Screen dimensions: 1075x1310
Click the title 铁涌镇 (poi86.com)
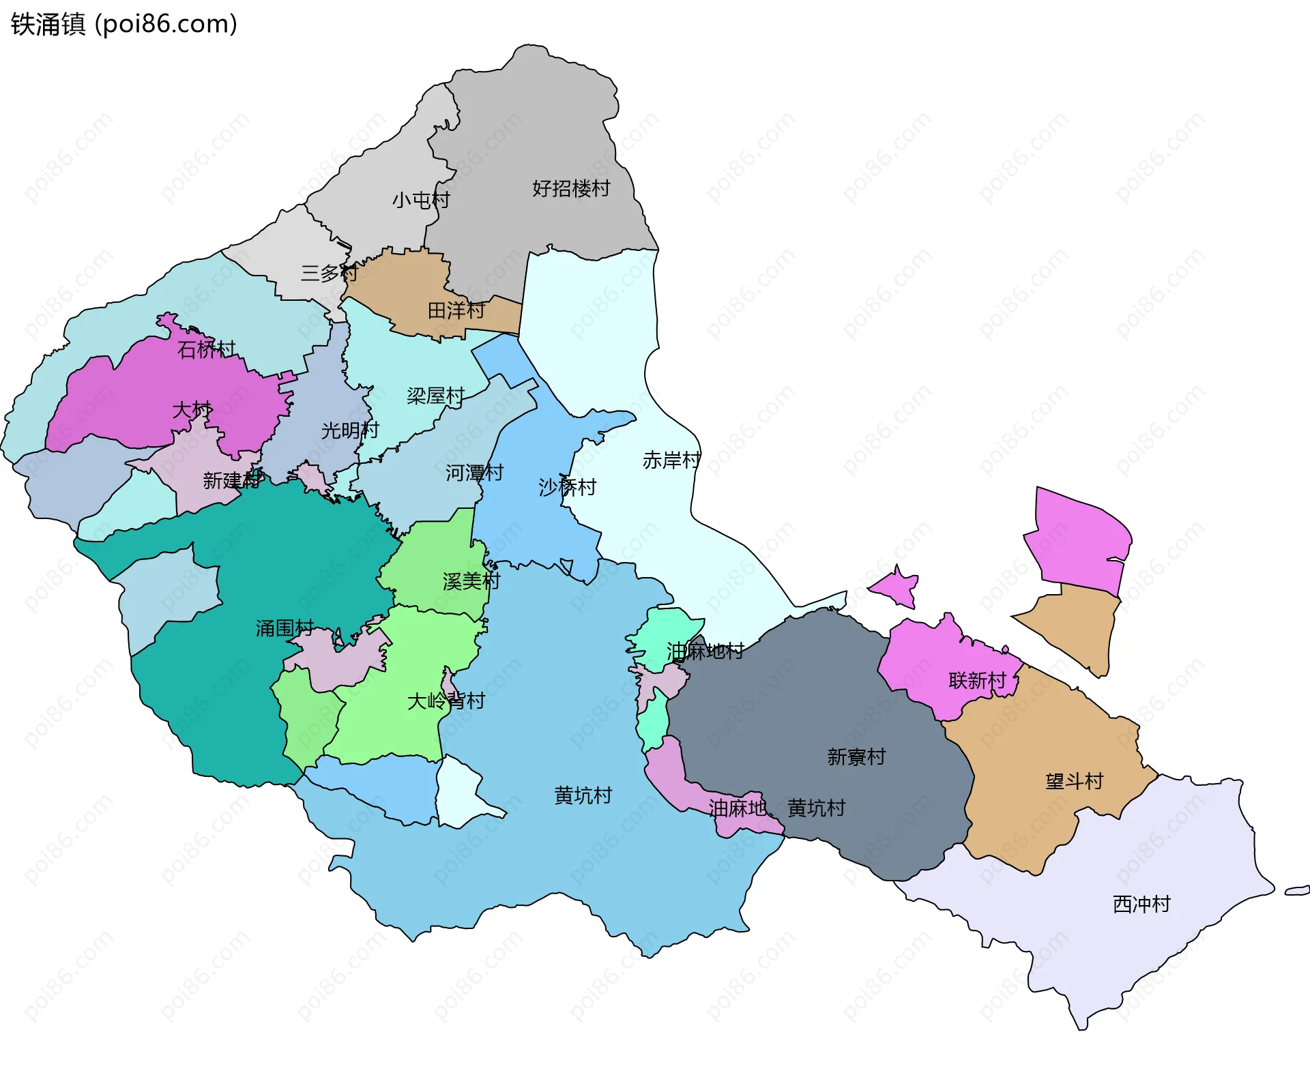pos(124,24)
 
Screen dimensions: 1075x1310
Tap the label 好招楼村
pos(571,188)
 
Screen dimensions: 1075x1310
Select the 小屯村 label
pos(421,200)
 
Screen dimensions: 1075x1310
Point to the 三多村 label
pos(330,273)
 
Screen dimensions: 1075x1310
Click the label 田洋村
pos(456,310)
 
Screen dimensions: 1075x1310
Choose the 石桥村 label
pos(206,349)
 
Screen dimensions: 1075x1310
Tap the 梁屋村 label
pos(435,396)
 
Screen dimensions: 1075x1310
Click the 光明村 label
pos(349,430)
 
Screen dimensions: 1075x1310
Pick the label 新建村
pos(232,480)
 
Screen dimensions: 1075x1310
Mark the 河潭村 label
pos(474,472)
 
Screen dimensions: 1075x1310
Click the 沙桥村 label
pos(567,486)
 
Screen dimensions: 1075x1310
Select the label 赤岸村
pos(671,460)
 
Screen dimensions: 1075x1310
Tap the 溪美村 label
pos(471,581)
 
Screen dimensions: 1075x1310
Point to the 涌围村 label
pos(285,628)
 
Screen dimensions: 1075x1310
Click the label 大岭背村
pos(446,701)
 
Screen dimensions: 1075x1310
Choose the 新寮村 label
pos(856,756)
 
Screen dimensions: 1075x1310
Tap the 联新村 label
pos(977,680)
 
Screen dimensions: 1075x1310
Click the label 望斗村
pos(1074,781)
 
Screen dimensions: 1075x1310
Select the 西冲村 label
pos(1141,904)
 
